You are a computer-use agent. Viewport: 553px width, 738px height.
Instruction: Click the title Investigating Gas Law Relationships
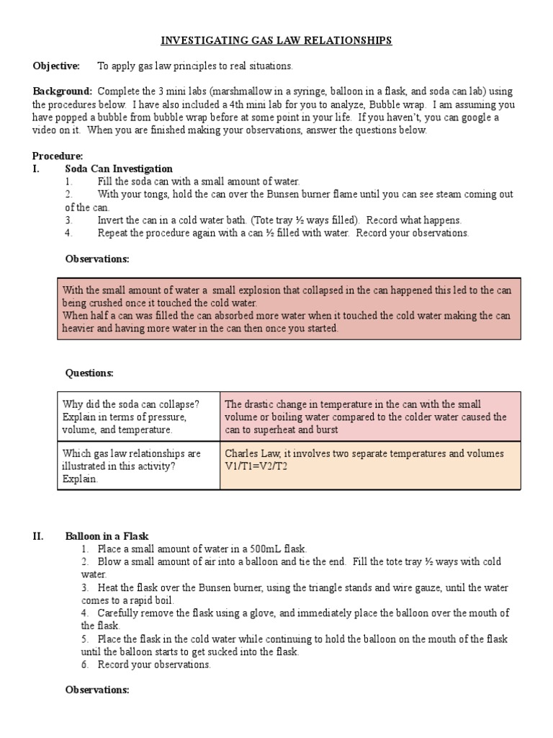(276, 41)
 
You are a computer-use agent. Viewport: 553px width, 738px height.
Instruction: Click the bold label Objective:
(56, 66)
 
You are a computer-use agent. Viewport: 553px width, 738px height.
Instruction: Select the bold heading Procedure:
(58, 156)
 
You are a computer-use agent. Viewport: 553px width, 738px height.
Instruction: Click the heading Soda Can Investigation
(119, 169)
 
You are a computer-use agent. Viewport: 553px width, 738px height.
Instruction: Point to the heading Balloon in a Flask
(107, 535)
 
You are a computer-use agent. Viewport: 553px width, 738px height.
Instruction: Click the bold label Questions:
(89, 373)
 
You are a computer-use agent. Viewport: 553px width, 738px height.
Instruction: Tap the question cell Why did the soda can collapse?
(130, 404)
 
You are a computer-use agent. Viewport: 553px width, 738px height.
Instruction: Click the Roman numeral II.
(38, 535)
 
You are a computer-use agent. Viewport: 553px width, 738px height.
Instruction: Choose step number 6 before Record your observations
(84, 664)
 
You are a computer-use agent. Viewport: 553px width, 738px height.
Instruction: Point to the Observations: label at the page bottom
(97, 690)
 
